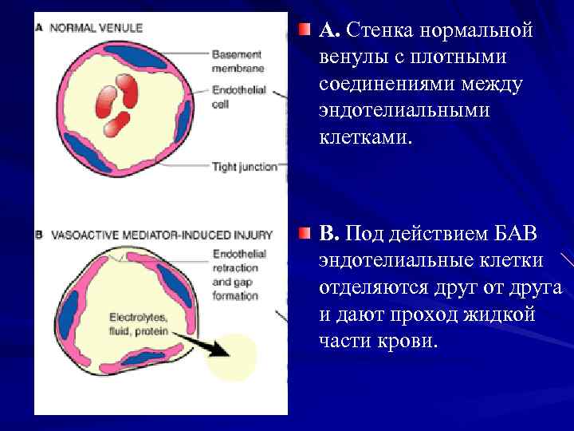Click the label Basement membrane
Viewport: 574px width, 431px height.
click(x=237, y=61)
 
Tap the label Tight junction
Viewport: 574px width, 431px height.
click(x=244, y=167)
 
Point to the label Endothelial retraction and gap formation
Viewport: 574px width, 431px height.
click(x=238, y=275)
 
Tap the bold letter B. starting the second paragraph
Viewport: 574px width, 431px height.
click(x=329, y=234)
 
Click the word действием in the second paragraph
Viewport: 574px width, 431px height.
click(x=426, y=234)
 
